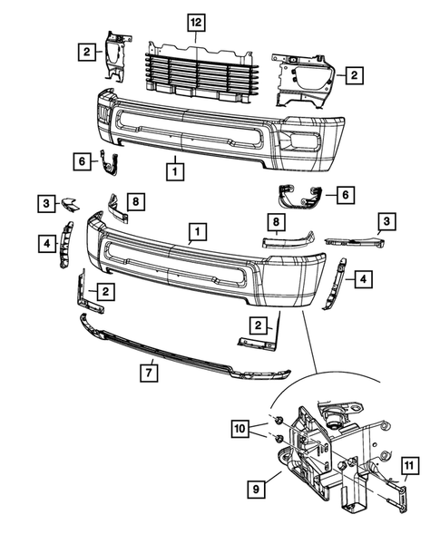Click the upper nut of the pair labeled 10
[x=281, y=422]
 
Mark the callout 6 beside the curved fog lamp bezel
[x=344, y=193]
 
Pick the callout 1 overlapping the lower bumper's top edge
[x=195, y=235]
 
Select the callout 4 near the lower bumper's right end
[x=361, y=279]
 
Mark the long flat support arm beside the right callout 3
[x=350, y=242]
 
